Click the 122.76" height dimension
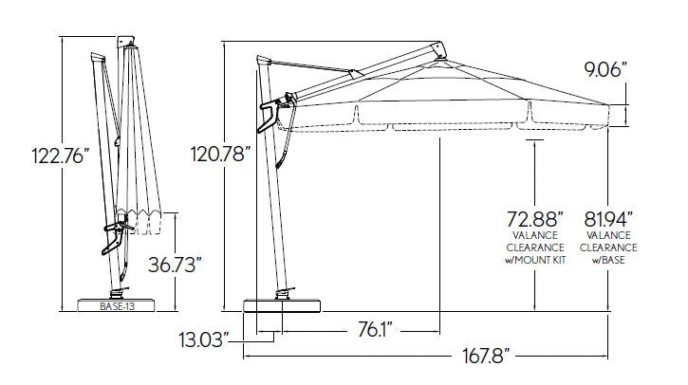coord(60,156)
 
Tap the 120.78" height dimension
coord(220,155)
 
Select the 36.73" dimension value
coord(175,265)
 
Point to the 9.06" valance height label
coord(605,70)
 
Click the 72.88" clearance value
coord(535,218)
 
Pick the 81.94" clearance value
coord(608,218)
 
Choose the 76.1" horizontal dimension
coord(375,330)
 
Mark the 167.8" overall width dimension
coord(486,356)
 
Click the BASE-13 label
coord(117,306)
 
